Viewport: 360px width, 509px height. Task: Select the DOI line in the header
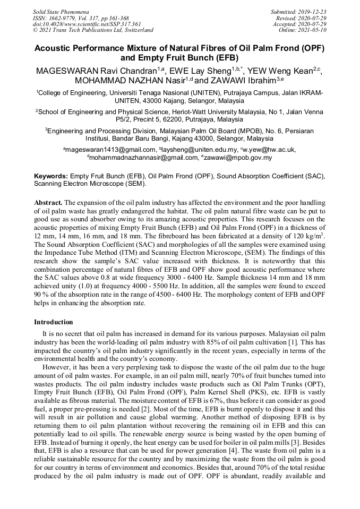click(x=87, y=24)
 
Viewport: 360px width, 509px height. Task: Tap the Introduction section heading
click(x=54, y=322)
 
